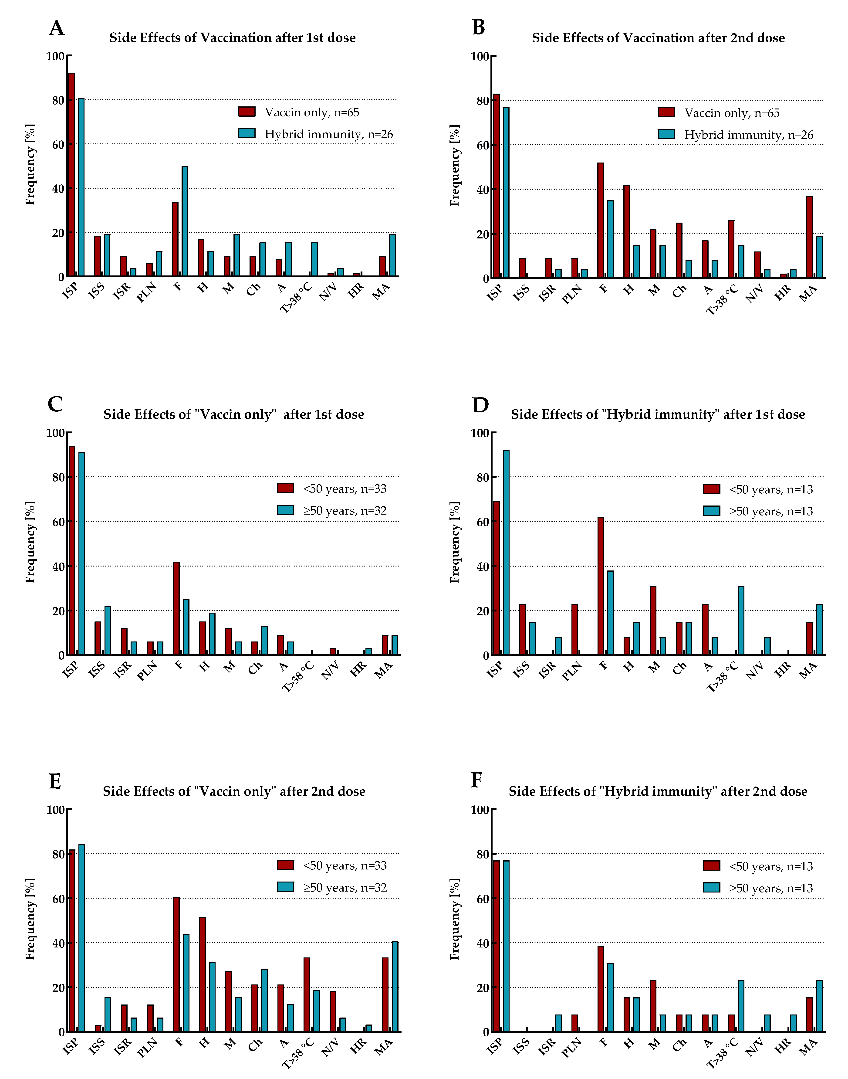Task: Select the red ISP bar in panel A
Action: tap(71, 175)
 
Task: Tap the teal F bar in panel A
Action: tap(185, 221)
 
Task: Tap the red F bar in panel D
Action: tap(601, 586)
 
